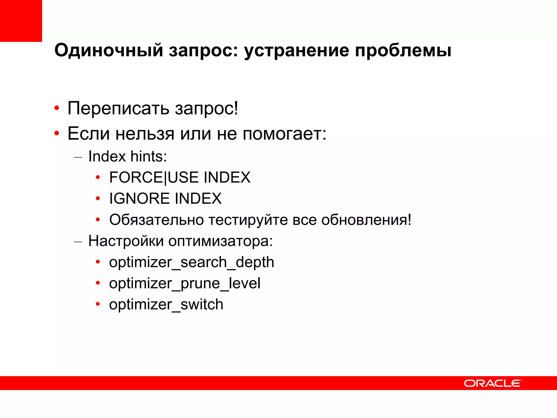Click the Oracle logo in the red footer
pos(492,383)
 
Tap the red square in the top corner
pos(21,21)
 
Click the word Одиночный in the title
pos(109,51)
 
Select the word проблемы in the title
pos(403,51)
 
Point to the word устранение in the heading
pos(296,51)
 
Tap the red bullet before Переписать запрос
pos(57,108)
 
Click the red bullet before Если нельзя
pos(57,134)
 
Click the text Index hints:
pos(128,156)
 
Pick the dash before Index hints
pos(78,157)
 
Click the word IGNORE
pos(140,198)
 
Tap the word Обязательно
pos(156,220)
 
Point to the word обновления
pos(366,220)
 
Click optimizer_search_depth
pos(191,262)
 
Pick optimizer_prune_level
pos(185,283)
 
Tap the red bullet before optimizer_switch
pos(98,304)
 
